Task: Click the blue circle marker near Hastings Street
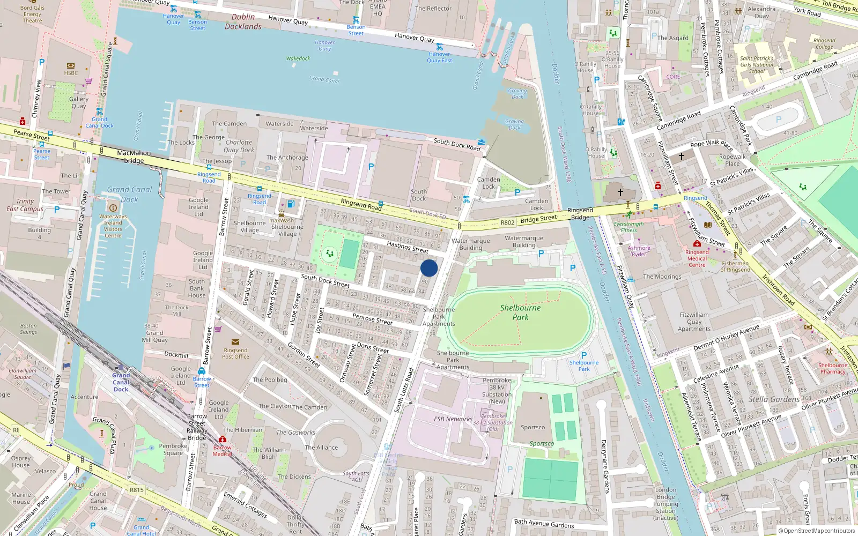[x=429, y=268]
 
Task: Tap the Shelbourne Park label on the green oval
[x=520, y=312]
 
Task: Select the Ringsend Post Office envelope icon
[x=235, y=341]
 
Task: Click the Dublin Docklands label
[x=243, y=21]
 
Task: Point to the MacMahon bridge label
[x=134, y=157]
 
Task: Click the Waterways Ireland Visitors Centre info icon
[x=113, y=208]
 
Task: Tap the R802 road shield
[x=507, y=222]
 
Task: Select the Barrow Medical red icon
[x=223, y=439]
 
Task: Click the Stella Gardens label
[x=774, y=399]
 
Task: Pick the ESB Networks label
[x=453, y=419]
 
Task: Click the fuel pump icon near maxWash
[x=291, y=204]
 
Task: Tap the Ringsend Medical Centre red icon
[x=697, y=243]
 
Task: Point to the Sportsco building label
[x=532, y=427]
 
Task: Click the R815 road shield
[x=137, y=489]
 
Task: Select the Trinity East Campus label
[x=25, y=205]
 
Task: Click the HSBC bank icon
[x=71, y=66]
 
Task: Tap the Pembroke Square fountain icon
[x=152, y=447]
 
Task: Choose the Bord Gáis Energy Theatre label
[x=32, y=14]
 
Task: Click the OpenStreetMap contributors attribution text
[x=816, y=531]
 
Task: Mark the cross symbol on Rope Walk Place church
[x=682, y=157]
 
